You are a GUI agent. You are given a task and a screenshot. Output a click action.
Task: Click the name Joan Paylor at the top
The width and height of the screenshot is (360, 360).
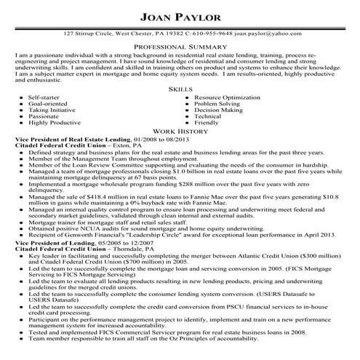coord(180,17)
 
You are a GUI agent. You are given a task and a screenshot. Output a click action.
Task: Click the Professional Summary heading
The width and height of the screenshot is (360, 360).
coord(180,45)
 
